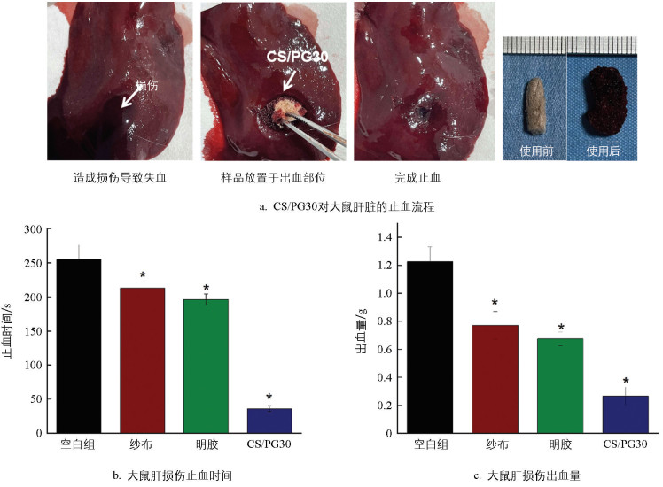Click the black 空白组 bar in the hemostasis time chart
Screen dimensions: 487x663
(79, 345)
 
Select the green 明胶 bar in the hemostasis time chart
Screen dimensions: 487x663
(205, 367)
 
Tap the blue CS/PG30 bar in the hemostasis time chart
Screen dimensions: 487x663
(268, 421)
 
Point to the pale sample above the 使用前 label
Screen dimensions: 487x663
(536, 103)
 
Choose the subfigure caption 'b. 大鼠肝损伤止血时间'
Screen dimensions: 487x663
(173, 475)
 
